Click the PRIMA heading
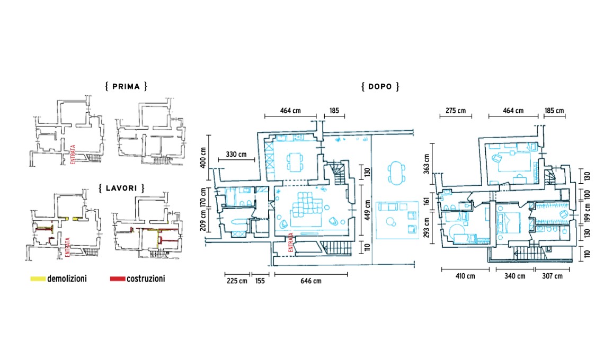126,86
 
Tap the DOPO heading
380,86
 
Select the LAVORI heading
121,188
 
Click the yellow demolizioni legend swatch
38,278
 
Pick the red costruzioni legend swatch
118,278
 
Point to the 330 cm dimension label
236,155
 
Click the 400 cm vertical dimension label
203,157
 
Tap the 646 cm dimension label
311,281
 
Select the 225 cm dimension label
237,281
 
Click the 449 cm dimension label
368,210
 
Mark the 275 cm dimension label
456,111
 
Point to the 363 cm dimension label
427,164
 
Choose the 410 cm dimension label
465,276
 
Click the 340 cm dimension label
515,276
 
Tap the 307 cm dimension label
553,276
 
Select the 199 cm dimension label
587,213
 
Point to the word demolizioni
67,278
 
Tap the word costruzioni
146,278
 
